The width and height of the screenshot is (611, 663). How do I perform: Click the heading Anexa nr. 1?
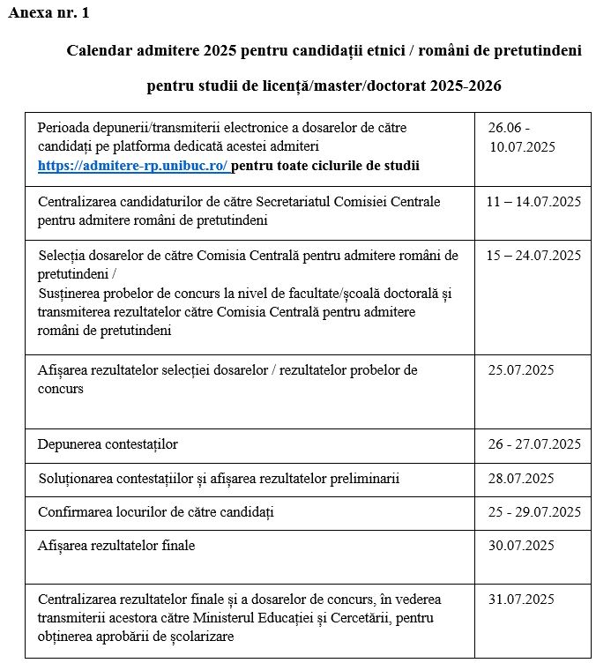pyautogui.click(x=48, y=13)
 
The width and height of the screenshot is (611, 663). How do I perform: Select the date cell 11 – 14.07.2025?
pyautogui.click(x=533, y=202)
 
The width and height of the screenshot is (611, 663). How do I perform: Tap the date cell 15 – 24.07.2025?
pyautogui.click(x=533, y=256)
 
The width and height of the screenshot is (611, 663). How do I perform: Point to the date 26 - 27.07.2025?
pyautogui.click(x=533, y=443)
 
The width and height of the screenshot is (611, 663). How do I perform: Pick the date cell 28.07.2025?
pyautogui.click(x=521, y=479)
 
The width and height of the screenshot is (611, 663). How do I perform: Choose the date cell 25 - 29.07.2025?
pyautogui.click(x=533, y=512)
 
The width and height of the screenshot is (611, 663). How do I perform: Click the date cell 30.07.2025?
pyautogui.click(x=521, y=546)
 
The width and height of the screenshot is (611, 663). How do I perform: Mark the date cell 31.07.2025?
pyautogui.click(x=521, y=600)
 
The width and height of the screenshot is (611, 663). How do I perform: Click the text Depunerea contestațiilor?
pyautogui.click(x=108, y=443)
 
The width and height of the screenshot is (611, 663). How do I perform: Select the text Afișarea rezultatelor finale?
pyautogui.click(x=116, y=546)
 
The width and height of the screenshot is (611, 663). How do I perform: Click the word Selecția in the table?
pyautogui.click(x=63, y=256)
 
